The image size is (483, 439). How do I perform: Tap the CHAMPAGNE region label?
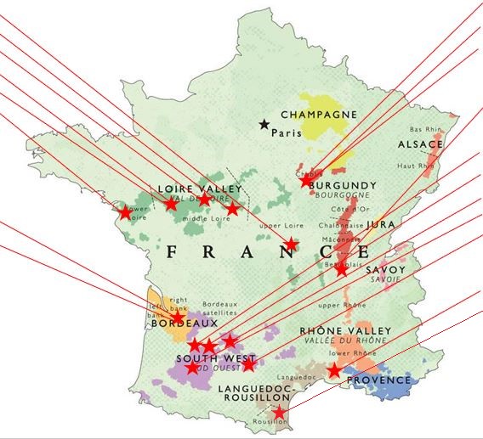pos(319,115)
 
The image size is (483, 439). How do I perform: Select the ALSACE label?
pos(420,145)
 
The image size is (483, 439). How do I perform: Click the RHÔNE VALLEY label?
pos(345,330)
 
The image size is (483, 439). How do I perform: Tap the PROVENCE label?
pos(379,380)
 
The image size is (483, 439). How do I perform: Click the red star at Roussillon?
pos(281,414)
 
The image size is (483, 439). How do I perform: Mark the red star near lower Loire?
pos(125,212)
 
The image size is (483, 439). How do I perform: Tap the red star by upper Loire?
pos(291,245)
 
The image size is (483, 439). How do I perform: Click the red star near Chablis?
pos(307,180)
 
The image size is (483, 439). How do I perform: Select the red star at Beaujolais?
pos(342,270)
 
